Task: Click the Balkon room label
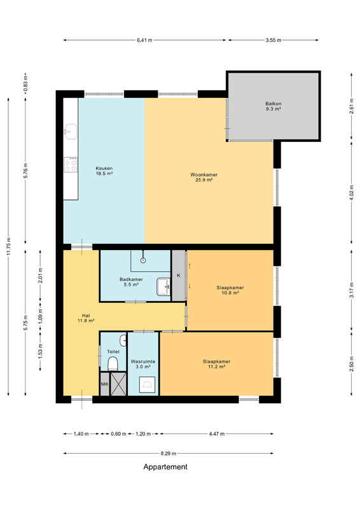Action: (273, 106)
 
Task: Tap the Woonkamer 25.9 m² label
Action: (204, 178)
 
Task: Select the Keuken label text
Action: (104, 169)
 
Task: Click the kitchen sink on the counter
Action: (71, 132)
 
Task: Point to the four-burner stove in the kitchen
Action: (71, 164)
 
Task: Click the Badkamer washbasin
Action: (163, 287)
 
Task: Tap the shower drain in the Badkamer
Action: (143, 260)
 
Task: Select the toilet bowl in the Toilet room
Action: (113, 364)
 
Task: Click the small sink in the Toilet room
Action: (123, 340)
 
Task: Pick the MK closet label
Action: (104, 384)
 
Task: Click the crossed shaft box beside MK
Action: (118, 384)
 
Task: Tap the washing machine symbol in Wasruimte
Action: (147, 385)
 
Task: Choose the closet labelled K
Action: (179, 275)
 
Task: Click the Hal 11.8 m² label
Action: (86, 318)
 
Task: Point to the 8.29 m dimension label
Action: (168, 454)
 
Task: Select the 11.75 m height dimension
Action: (8, 247)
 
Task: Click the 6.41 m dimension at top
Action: (144, 40)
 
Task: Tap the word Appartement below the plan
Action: (165, 467)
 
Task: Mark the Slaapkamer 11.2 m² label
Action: (216, 364)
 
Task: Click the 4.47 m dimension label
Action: (217, 434)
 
